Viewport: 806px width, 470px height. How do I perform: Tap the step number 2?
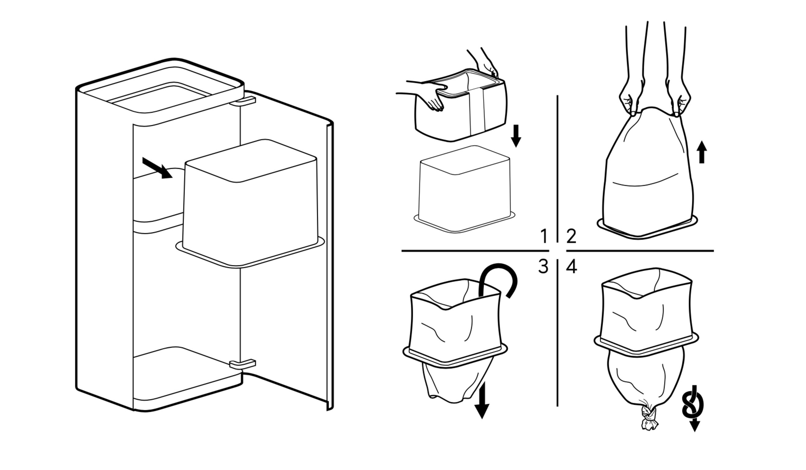[x=571, y=236]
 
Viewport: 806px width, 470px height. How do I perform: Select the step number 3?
[x=543, y=266]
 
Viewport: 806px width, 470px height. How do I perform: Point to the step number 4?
[x=572, y=267]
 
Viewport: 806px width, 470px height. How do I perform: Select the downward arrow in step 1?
[x=516, y=136]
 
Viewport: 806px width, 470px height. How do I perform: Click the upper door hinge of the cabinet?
[x=243, y=101]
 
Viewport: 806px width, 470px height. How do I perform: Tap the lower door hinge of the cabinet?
[x=243, y=364]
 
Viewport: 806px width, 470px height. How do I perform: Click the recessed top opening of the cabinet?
[x=160, y=96]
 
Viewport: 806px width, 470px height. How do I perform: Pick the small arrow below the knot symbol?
[x=695, y=426]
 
